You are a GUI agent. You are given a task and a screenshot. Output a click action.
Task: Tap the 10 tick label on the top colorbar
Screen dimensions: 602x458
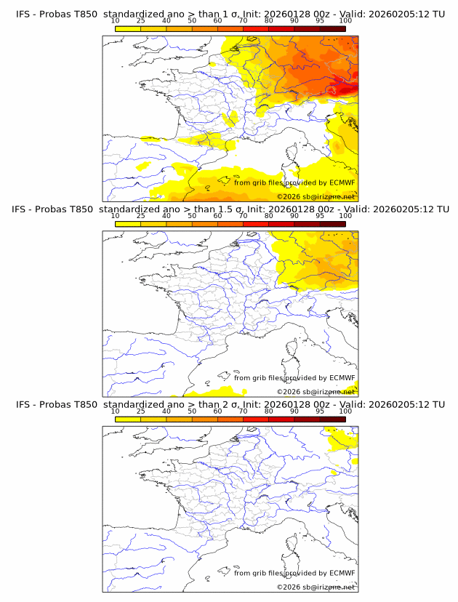[116, 21]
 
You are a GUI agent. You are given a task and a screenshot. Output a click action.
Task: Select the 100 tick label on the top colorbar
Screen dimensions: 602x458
[345, 21]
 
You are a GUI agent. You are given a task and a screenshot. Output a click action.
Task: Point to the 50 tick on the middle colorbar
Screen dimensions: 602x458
[192, 216]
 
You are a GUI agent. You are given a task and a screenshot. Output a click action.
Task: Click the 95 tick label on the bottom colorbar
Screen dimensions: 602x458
[320, 411]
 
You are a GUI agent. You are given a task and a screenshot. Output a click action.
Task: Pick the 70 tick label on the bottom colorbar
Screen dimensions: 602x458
[243, 411]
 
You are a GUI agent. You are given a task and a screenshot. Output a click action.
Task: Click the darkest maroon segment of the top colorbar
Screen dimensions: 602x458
[332, 28]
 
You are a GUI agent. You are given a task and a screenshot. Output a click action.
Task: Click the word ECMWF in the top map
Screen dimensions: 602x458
[342, 182]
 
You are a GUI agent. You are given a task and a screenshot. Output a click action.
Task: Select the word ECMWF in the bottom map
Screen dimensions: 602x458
[342, 572]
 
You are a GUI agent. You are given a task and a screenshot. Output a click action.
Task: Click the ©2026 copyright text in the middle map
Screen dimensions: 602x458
[289, 392]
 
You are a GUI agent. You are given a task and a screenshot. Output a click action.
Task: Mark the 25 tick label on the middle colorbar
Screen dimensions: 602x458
[141, 216]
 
